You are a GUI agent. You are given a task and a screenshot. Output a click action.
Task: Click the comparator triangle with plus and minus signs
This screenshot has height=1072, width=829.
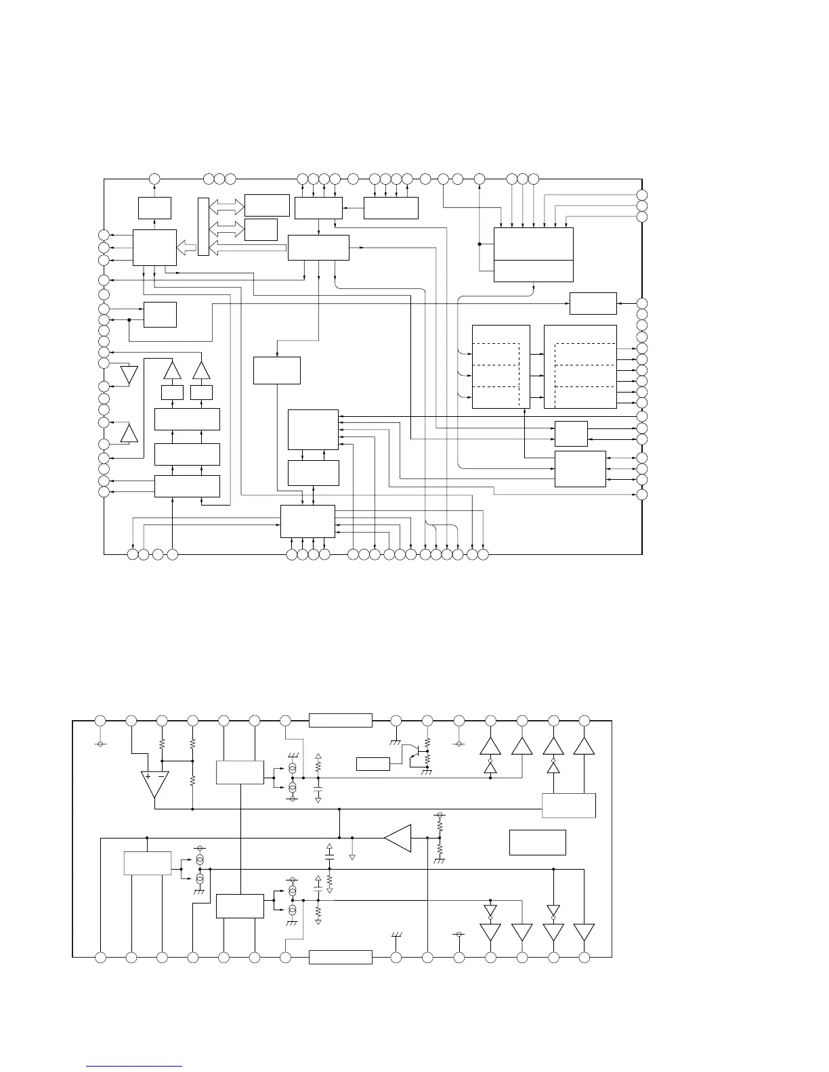(x=154, y=784)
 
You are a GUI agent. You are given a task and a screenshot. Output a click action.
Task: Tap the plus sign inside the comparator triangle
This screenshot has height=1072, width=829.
(x=148, y=776)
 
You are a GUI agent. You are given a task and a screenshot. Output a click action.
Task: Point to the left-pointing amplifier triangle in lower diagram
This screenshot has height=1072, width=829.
(x=398, y=838)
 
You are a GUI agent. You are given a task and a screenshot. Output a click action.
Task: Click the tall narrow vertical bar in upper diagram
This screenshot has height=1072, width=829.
(x=204, y=227)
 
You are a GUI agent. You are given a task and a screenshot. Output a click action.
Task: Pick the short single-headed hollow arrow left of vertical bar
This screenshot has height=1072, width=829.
(x=186, y=248)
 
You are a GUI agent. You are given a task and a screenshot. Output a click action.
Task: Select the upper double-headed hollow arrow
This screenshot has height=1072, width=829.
(x=227, y=206)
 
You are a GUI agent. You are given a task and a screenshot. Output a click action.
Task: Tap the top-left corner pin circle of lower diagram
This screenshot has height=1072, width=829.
(x=100, y=721)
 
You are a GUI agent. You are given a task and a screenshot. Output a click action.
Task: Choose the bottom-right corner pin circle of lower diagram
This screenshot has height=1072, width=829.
(x=584, y=957)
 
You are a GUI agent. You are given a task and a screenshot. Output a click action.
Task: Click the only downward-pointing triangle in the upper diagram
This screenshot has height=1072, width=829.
(x=128, y=375)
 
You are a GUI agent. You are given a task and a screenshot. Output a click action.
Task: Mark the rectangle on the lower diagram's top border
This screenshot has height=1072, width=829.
(x=341, y=720)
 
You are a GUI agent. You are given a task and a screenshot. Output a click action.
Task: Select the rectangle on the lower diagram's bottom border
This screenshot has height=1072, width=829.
(x=341, y=957)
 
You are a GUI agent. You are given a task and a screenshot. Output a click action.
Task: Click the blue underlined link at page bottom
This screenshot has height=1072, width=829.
(x=135, y=1067)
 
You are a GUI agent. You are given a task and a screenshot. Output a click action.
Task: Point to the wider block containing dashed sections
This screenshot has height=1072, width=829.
(x=580, y=367)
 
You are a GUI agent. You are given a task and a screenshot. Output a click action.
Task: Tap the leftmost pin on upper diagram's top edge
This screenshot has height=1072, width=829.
(x=154, y=179)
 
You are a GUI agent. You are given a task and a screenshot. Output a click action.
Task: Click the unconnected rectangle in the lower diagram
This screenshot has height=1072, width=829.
(x=537, y=842)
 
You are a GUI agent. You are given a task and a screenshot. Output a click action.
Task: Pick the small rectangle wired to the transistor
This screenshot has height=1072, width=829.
(x=373, y=764)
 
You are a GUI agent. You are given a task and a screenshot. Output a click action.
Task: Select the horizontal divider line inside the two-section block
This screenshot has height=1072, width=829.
(x=534, y=261)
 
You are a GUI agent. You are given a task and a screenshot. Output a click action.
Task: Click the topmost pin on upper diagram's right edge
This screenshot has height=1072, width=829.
(x=642, y=194)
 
